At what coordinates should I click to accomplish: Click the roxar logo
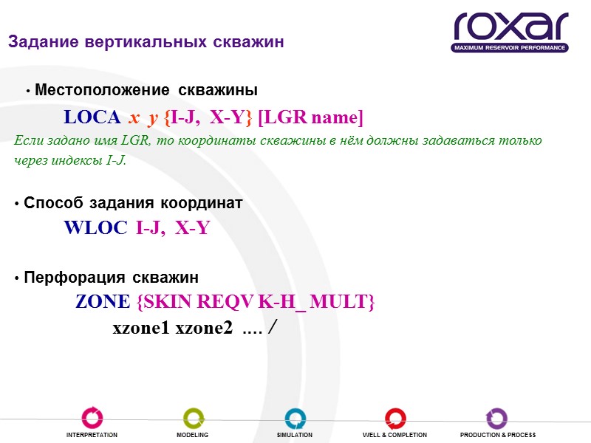(x=510, y=32)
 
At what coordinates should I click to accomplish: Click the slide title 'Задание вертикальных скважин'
(x=146, y=42)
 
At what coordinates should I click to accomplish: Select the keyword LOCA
(x=94, y=117)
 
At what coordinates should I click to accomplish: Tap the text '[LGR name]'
(x=310, y=117)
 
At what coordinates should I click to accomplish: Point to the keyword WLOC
(x=96, y=228)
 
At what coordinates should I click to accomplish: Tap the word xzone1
(x=140, y=329)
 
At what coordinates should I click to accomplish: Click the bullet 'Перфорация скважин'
(x=111, y=278)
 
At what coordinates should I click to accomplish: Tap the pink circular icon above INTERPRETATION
(x=92, y=418)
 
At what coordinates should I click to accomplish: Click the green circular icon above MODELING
(x=193, y=418)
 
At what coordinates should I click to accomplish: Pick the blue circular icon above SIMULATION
(x=295, y=418)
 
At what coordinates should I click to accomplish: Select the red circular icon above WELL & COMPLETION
(x=394, y=418)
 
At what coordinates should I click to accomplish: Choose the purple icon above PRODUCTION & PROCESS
(x=496, y=418)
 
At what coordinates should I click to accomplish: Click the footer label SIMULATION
(x=295, y=436)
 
